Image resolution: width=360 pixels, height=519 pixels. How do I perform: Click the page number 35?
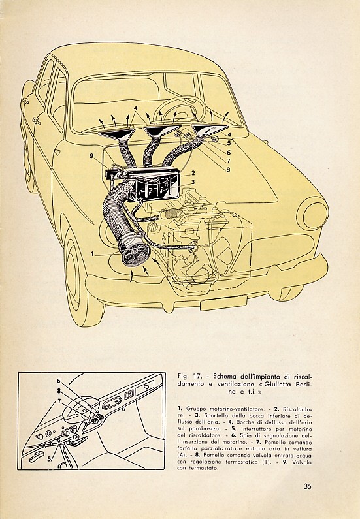[307, 486]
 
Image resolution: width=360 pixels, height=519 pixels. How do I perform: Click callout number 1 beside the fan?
[93, 254]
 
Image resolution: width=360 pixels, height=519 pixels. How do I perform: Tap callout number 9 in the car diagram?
[91, 156]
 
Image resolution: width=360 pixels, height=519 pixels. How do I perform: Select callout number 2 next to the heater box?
[193, 173]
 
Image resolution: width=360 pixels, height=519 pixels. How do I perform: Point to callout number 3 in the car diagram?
[193, 181]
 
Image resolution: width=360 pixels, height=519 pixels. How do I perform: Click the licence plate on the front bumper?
[223, 304]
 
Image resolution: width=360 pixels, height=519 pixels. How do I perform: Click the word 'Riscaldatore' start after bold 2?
[297, 409]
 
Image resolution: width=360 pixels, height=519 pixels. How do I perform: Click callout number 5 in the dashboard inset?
[49, 459]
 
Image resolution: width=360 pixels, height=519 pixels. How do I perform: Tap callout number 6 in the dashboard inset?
[58, 381]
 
